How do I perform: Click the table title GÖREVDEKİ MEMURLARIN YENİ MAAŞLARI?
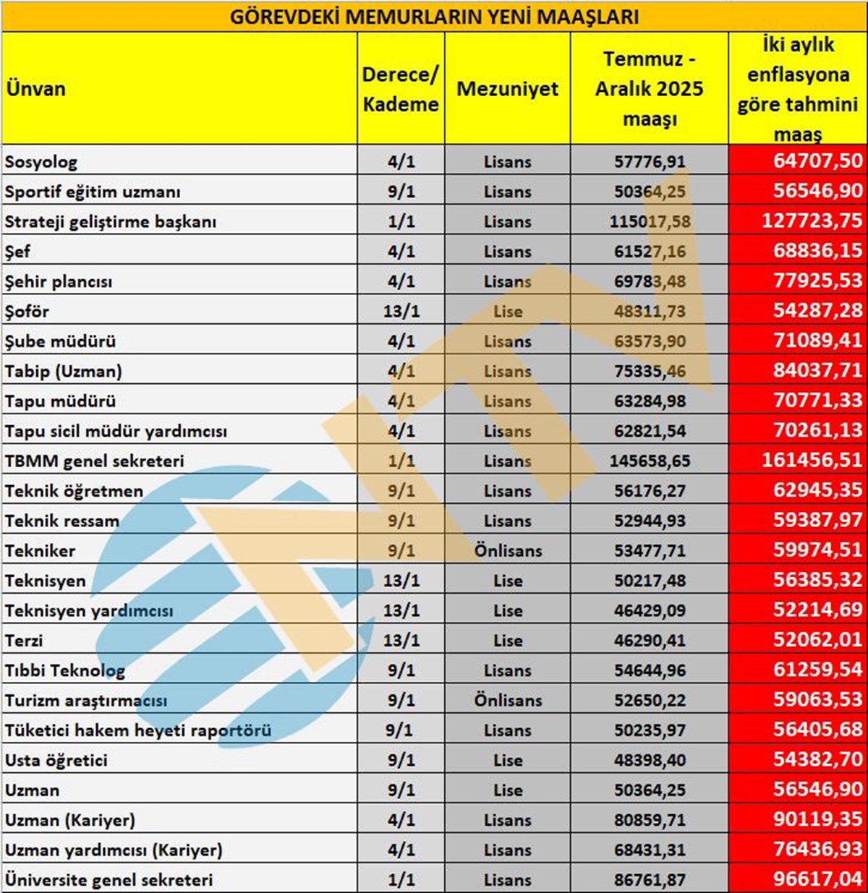tap(434, 16)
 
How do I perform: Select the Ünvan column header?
tap(35, 89)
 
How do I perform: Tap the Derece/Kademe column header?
tap(400, 89)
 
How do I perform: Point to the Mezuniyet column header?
tap(507, 89)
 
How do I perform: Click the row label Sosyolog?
tap(41, 162)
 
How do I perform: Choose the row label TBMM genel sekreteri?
tap(95, 461)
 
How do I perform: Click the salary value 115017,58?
tap(650, 222)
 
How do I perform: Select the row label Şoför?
tap(27, 312)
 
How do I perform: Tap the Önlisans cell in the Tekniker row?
tap(508, 551)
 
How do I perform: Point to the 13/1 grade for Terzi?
tap(401, 641)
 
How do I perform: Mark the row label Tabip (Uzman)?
tap(64, 372)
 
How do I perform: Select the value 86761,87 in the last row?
tap(650, 880)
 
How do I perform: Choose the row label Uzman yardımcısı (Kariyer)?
tap(114, 850)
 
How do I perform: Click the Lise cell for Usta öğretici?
tap(508, 761)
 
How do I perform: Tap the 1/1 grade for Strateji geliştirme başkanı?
tap(401, 222)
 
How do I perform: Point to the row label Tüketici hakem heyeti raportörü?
tap(138, 730)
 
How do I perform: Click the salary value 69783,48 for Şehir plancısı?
tap(650, 281)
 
